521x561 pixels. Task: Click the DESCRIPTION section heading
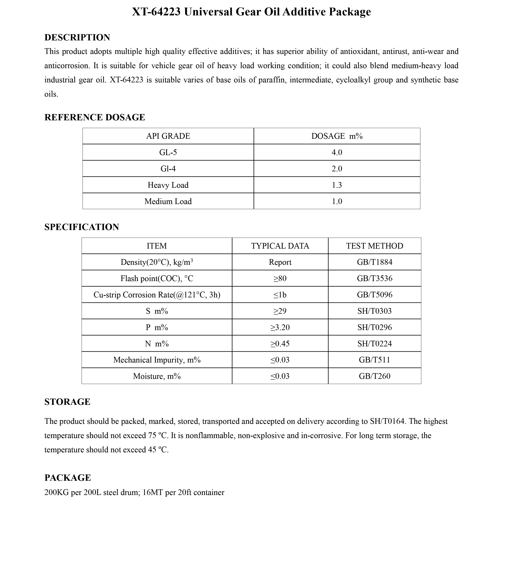(77, 37)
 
